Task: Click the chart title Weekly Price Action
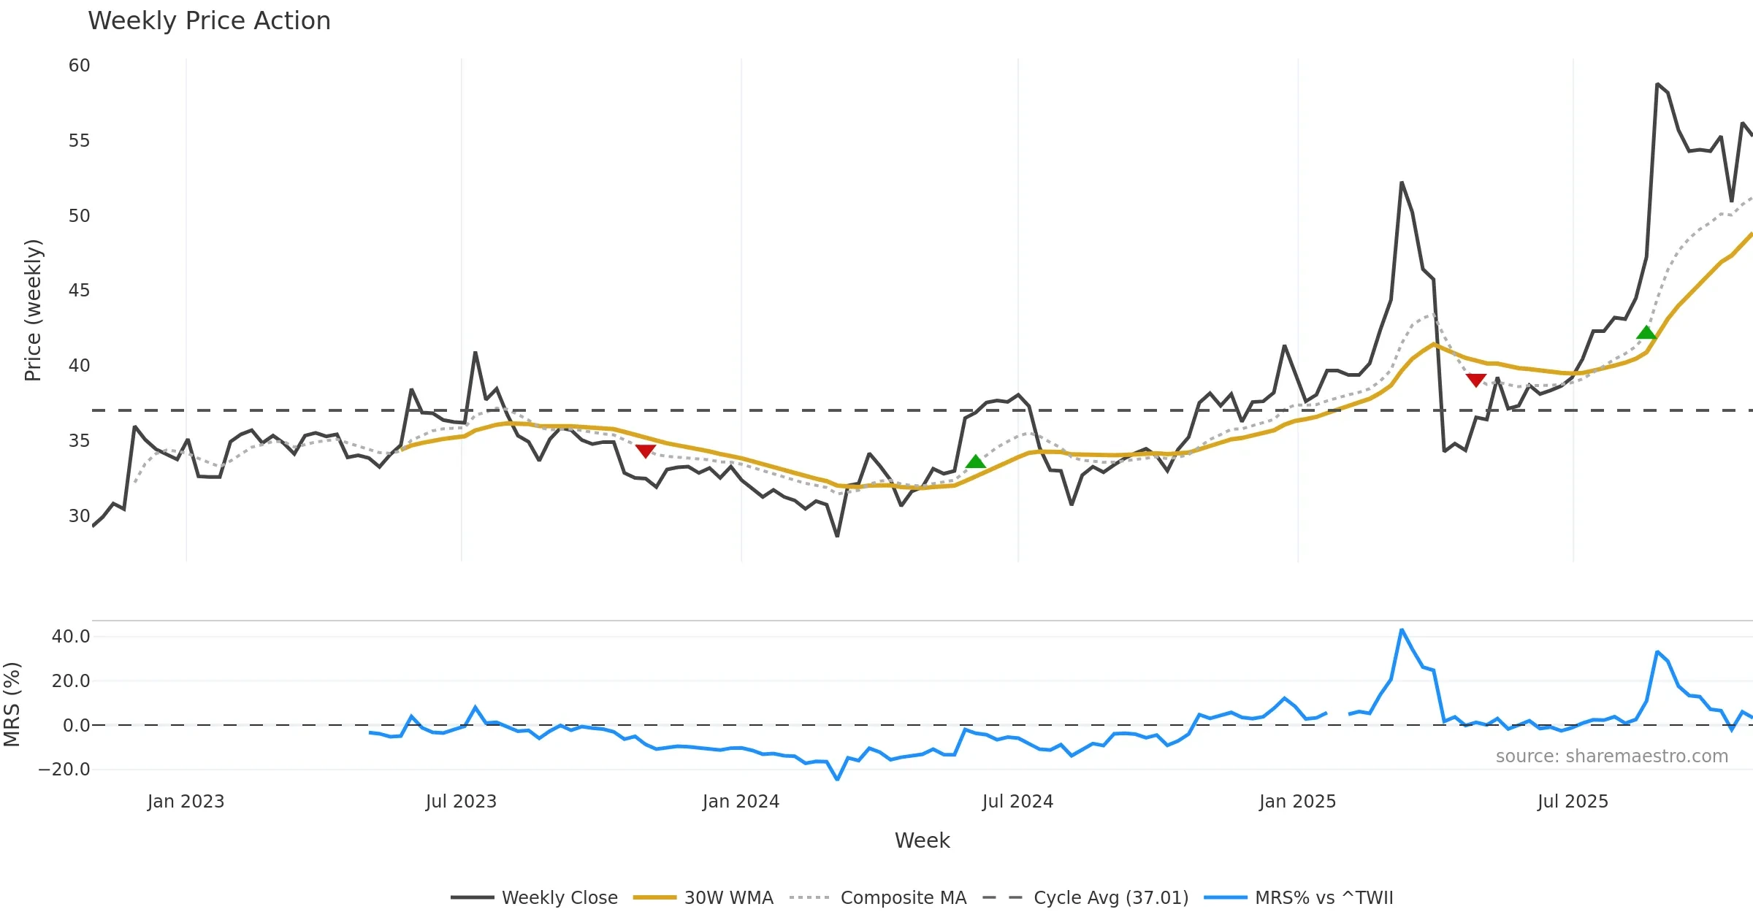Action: coord(209,21)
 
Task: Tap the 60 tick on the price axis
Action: coord(79,66)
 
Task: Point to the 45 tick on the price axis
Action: coord(79,291)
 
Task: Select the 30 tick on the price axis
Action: coord(79,516)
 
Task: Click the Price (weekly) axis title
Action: coord(34,310)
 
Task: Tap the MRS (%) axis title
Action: coord(12,704)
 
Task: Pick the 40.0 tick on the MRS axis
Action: coord(71,637)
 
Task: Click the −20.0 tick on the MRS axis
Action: coord(64,770)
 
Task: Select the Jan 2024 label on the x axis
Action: coord(741,802)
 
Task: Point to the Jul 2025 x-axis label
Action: coord(1573,802)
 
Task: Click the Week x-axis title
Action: coord(922,841)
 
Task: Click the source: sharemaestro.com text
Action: coord(1611,756)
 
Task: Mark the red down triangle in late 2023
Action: coord(645,451)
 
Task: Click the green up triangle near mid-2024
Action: coord(976,461)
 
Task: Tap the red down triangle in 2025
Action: coord(1476,380)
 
